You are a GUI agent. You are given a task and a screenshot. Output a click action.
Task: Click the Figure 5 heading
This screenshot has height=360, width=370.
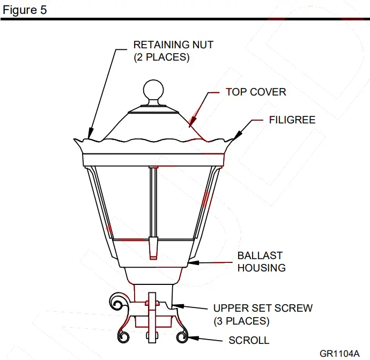coord(25,10)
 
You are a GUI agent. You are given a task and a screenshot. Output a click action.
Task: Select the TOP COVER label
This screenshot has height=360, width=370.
coord(256,92)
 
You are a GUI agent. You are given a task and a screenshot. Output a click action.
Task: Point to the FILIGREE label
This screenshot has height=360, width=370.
coord(292,120)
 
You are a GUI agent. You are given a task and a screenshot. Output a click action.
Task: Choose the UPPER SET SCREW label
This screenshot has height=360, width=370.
coord(263,308)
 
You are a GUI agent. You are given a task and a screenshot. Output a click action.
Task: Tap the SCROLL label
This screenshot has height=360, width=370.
coord(249,340)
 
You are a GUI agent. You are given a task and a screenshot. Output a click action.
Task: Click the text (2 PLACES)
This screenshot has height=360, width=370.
coord(161,57)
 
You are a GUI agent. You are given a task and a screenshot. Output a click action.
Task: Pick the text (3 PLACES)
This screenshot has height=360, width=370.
coord(241,321)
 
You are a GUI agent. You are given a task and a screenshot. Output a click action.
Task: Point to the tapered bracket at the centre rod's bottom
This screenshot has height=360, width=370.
coord(154,247)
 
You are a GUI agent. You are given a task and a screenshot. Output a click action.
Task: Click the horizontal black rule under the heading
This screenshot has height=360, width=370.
coord(185,19)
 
